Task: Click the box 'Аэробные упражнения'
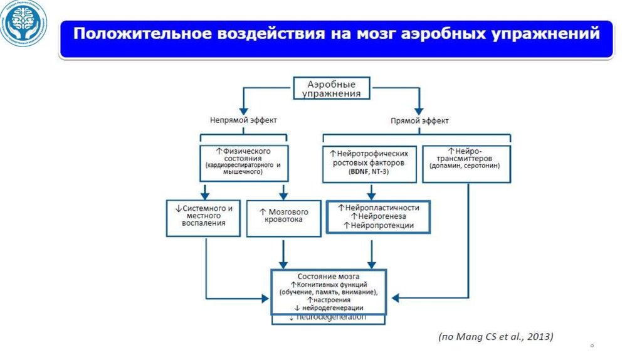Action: tap(332, 88)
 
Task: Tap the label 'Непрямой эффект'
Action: tap(243, 120)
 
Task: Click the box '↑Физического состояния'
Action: tap(243, 162)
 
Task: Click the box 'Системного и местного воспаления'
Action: tap(203, 217)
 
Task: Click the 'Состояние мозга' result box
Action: tap(329, 292)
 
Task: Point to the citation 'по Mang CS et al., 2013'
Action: tap(495, 337)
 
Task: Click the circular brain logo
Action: tap(24, 26)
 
